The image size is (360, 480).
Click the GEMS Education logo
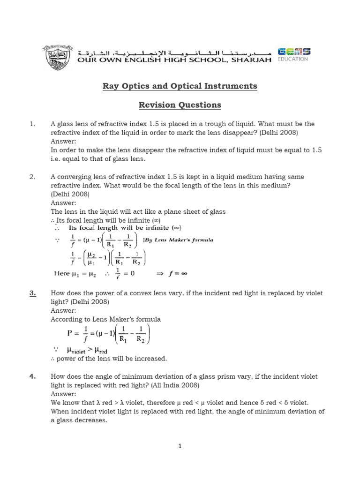[293, 54]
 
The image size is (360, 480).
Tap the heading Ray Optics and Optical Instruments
[180, 86]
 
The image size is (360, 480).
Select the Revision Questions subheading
[180, 105]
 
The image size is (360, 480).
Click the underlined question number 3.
[32, 293]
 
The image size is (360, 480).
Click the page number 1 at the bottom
[180, 446]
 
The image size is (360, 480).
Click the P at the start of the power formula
[70, 333]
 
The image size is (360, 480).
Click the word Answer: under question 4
[63, 394]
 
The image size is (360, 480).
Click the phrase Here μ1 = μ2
[72, 273]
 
